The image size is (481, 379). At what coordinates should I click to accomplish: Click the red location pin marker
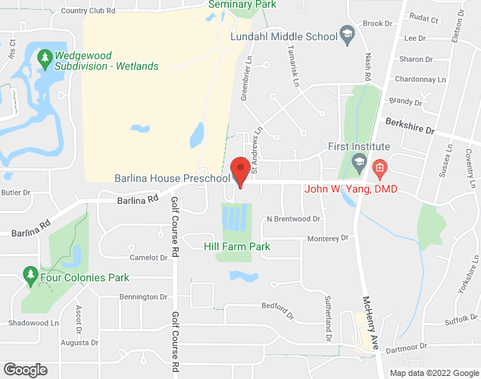(241, 170)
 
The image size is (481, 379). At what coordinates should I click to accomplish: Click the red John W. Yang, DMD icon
(380, 166)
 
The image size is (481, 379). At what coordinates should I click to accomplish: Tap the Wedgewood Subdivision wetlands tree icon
(45, 57)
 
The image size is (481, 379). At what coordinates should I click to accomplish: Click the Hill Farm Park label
(237, 246)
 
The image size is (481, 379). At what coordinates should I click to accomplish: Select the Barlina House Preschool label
(172, 178)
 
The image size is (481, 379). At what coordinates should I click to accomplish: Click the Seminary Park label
(242, 4)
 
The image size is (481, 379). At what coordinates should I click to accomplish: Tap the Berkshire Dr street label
(410, 125)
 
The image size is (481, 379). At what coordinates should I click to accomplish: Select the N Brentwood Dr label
(294, 219)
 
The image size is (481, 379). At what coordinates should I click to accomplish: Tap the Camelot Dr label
(148, 258)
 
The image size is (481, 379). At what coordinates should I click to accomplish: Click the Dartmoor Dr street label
(406, 348)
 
